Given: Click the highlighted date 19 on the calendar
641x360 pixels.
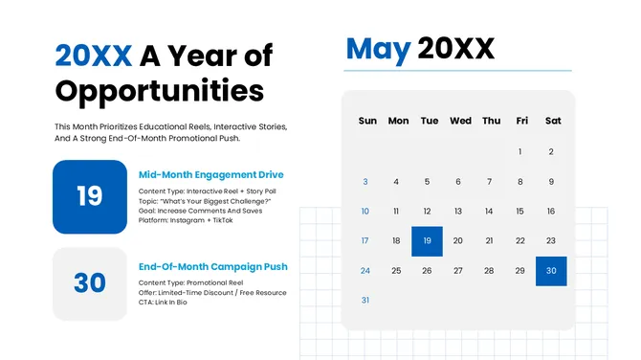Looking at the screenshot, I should click(x=427, y=241).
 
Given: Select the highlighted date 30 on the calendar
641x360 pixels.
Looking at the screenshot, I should click(x=551, y=271).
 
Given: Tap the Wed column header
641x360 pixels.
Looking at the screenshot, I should click(x=460, y=121).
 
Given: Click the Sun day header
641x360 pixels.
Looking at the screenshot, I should click(x=367, y=121).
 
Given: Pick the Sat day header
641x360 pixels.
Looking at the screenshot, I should click(x=552, y=121).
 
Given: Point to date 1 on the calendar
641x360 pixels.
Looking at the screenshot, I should click(x=520, y=151).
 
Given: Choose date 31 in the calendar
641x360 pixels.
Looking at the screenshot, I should click(x=365, y=301).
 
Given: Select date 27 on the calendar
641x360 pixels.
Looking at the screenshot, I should click(x=458, y=271).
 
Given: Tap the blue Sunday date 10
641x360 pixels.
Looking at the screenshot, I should click(x=365, y=211).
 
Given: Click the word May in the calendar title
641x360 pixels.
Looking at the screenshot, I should click(x=378, y=48).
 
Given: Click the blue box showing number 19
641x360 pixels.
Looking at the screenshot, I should click(x=89, y=196).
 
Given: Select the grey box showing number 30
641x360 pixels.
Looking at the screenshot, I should click(x=89, y=283).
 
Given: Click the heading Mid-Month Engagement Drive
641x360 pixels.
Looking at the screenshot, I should click(x=211, y=175).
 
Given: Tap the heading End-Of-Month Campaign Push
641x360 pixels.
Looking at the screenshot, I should click(x=213, y=266).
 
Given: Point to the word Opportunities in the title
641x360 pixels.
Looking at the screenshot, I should click(x=159, y=91).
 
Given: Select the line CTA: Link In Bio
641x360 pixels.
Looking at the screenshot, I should click(x=163, y=303).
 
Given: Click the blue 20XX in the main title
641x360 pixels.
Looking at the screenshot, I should click(x=93, y=56).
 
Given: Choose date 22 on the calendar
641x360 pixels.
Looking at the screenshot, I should click(x=520, y=241).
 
